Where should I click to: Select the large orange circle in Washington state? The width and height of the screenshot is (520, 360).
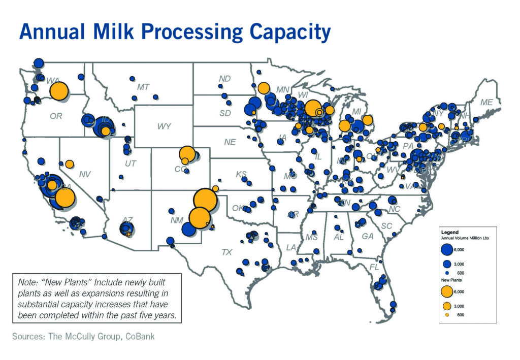59,91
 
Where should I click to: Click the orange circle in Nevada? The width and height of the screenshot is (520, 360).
70,163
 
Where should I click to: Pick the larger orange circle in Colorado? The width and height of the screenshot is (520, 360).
187,153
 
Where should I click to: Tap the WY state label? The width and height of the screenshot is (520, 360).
164,126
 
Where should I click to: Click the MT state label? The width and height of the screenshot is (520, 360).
143,87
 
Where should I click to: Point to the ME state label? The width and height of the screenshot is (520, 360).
486,103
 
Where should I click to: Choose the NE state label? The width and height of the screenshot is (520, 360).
230,142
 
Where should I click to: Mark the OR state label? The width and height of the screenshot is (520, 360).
56,116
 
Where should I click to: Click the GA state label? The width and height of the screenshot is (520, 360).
368,236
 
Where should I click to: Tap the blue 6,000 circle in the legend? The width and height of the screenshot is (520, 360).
447,249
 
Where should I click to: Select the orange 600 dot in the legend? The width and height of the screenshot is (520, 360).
447,315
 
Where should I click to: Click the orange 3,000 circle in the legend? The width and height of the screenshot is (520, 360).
447,306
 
